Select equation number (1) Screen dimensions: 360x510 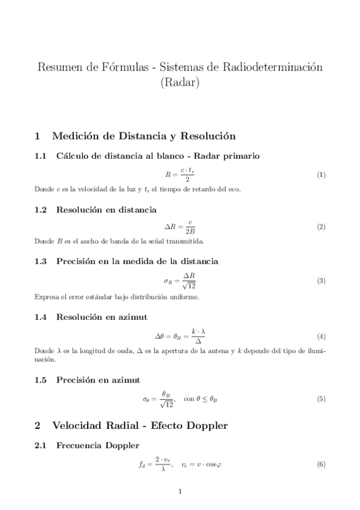tap(321, 175)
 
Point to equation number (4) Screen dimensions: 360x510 tap(321, 336)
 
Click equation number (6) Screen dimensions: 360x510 tap(321, 464)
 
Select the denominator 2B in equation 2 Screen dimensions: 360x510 tap(190, 232)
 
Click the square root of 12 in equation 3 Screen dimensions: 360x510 tap(190, 286)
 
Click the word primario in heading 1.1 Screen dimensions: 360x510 tap(240, 156)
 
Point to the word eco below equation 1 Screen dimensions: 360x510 tap(234, 189)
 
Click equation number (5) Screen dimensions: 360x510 tap(321, 399)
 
